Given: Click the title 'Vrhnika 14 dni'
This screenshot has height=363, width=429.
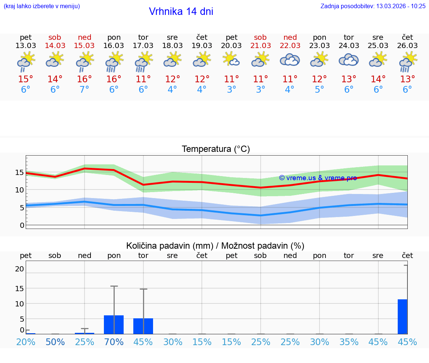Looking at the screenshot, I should coord(181,12).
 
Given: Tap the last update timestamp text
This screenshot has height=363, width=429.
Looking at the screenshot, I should coord(373,6).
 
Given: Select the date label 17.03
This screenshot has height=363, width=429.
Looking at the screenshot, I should coord(143,45).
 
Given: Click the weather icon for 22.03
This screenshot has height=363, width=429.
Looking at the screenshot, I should coord(290,60).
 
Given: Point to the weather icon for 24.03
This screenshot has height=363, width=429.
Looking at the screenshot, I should coord(349,60).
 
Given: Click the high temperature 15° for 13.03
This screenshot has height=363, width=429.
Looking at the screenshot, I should coord(26,79).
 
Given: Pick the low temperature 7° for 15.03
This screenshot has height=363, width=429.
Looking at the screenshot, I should coord(85,90).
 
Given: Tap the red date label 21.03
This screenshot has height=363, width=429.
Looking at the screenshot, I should coord(260,45).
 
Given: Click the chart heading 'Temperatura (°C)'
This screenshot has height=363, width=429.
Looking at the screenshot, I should coord(216,149).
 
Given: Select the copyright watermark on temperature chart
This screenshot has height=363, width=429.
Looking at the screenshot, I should coord(318,178).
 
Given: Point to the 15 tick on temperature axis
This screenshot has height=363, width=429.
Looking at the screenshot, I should coord(19,172).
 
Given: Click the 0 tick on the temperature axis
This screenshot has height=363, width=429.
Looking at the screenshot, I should coord(22,225).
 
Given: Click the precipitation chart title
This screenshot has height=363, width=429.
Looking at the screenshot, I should coord(215,246).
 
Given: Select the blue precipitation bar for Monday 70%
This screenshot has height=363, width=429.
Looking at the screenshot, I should coord(114,325).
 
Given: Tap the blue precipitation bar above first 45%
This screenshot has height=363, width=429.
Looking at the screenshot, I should coord(143,326).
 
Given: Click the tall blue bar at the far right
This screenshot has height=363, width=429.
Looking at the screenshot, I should coord(402,316).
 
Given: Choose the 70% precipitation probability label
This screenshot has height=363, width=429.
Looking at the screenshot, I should coord(114,342).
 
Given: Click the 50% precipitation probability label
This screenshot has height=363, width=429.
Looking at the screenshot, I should coord(55,342).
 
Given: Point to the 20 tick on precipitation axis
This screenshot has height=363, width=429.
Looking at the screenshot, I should coord(19,269).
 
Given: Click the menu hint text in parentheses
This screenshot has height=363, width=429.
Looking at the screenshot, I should coord(42,6).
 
